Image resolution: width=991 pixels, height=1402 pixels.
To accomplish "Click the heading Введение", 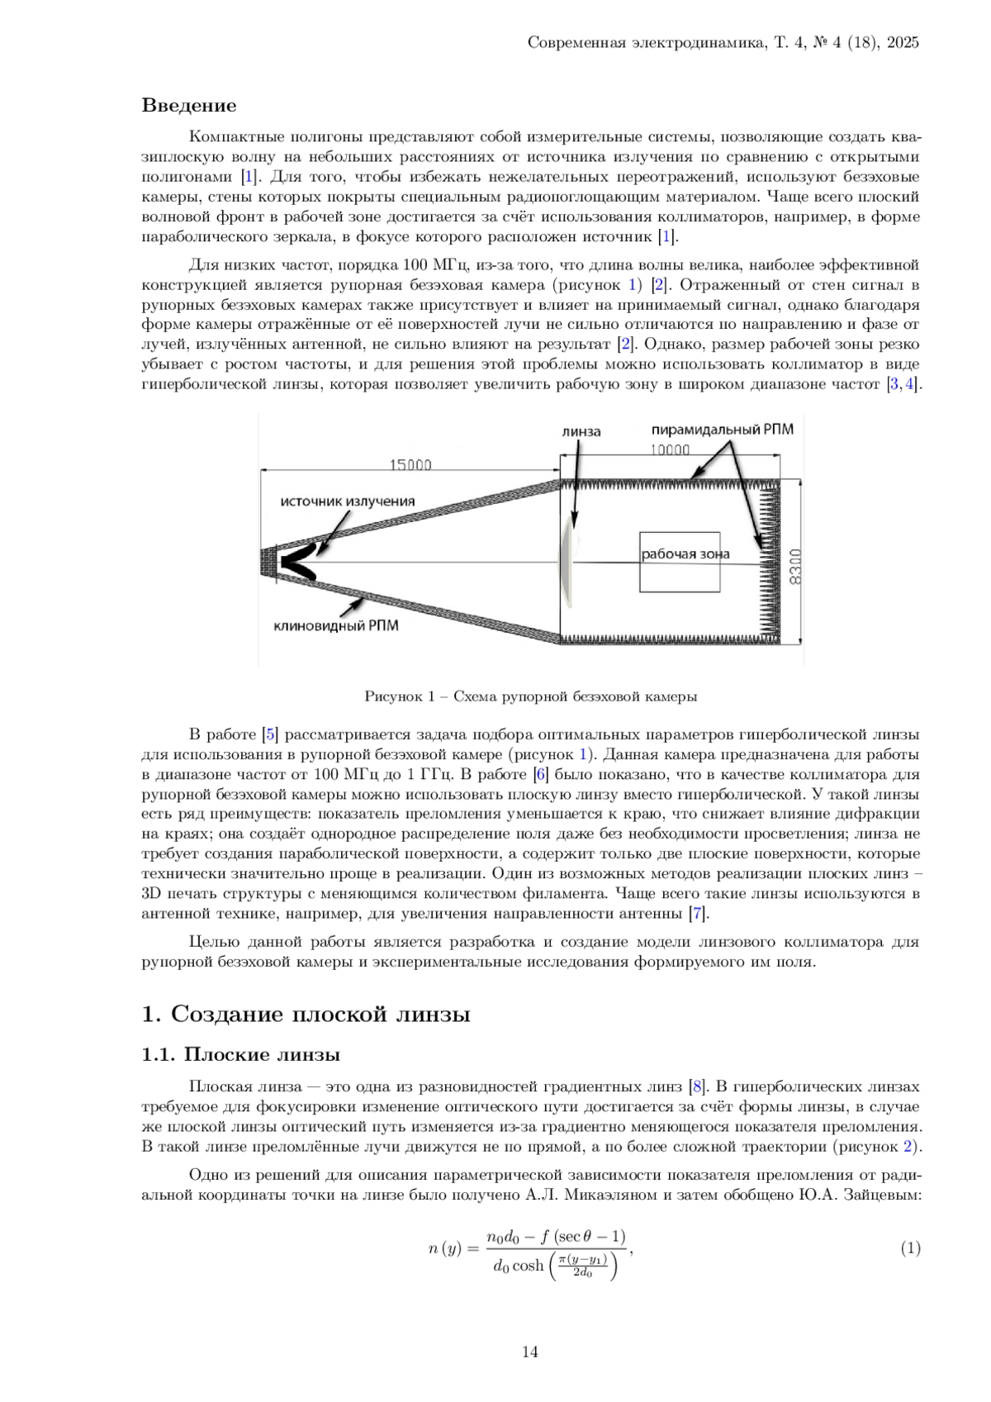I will pos(189,106).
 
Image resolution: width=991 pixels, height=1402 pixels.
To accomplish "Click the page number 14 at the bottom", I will pos(530,1352).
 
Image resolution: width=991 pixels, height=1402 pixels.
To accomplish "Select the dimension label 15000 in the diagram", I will pos(410,465).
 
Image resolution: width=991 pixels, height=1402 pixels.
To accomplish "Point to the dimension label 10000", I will pos(669,450).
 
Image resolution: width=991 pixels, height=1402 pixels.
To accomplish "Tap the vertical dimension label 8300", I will pos(795,566).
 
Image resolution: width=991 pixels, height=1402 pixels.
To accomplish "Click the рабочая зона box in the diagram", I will pos(680,562).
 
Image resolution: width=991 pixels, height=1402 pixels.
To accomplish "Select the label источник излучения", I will pos(347,501).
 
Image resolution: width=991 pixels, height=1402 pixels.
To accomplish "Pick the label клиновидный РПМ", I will pos(336,626).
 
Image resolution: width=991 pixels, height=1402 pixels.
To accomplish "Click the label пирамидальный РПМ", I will pos(723,430).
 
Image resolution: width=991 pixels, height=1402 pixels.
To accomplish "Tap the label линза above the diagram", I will pos(581,431).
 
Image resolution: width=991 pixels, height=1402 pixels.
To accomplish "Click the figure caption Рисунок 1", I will pos(530,696).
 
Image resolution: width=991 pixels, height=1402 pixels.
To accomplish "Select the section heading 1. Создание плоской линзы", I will pos(306,1015).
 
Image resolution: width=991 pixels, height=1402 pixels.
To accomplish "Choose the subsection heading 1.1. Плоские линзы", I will pos(241,1055).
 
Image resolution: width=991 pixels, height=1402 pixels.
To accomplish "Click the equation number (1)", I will pos(909,1249).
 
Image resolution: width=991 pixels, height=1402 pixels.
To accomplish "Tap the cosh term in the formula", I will pos(528,1266).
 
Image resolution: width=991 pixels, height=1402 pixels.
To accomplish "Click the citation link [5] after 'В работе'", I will pos(269,734).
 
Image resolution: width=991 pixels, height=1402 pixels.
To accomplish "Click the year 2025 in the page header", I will pos(903,43).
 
